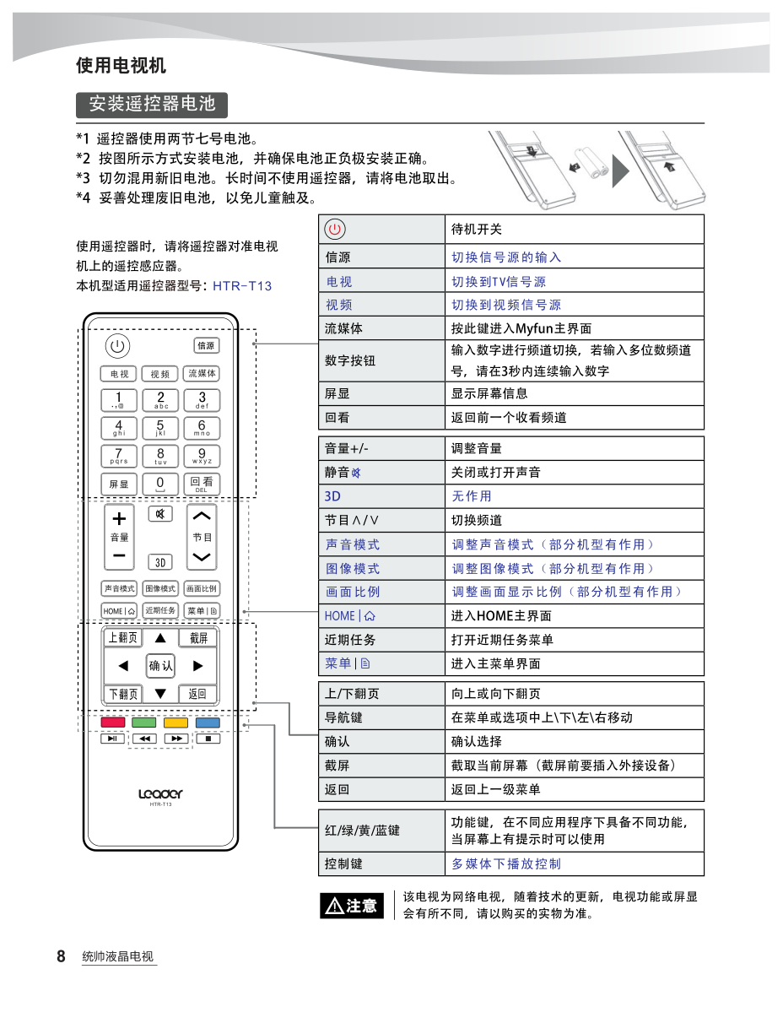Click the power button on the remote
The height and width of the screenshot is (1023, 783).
[117, 346]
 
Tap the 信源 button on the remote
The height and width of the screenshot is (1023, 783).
[206, 345]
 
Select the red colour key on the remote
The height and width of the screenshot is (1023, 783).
[112, 723]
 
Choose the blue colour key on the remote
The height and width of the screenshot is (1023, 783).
[208, 723]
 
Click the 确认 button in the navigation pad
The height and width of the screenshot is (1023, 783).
[160, 666]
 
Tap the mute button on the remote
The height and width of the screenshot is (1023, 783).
[160, 513]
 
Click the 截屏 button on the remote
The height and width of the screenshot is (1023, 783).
[198, 638]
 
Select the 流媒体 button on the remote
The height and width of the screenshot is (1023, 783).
[202, 374]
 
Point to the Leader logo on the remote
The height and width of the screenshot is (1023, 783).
[160, 793]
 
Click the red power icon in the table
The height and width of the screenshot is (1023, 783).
[335, 229]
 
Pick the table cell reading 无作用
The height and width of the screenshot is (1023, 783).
[472, 496]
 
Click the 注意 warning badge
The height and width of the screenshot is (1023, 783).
[352, 906]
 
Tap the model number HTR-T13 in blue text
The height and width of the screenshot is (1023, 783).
[242, 286]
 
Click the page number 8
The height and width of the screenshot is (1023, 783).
[61, 956]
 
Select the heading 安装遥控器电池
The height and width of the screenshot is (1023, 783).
[153, 105]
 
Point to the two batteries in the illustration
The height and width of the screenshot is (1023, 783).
[593, 163]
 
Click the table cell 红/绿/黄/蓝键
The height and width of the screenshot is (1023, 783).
[363, 831]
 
